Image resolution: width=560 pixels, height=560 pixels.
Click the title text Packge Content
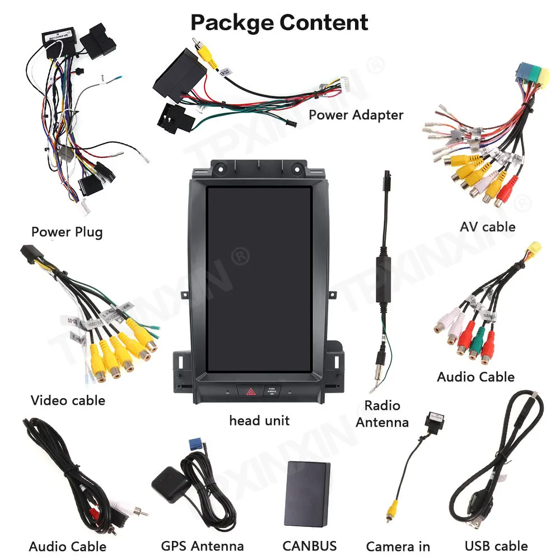[x=279, y=22]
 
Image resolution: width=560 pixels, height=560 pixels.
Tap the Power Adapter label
[x=356, y=115]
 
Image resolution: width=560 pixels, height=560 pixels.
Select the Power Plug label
[x=67, y=231]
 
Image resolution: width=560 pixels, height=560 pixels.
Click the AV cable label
[x=487, y=227]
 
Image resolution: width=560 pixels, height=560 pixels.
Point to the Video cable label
[x=68, y=400]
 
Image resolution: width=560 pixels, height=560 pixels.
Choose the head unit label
[x=259, y=420]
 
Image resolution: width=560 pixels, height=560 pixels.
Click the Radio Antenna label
[x=382, y=413]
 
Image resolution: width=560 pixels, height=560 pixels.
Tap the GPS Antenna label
[x=202, y=545]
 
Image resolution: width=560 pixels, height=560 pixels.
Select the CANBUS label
[x=309, y=545]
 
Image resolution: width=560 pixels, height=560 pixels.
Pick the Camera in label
[x=398, y=546]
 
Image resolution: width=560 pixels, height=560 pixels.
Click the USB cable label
[x=496, y=545]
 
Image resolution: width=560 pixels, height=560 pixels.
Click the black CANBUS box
[x=307, y=493]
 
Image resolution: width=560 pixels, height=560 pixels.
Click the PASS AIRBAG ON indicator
[x=272, y=391]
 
